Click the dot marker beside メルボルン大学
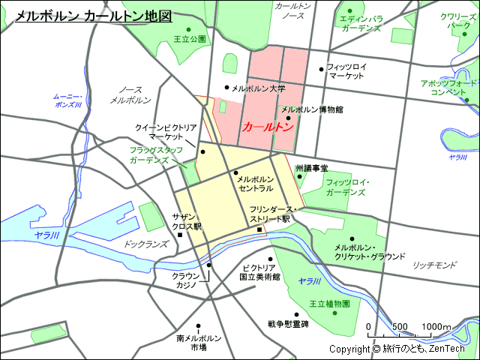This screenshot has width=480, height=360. [226, 88]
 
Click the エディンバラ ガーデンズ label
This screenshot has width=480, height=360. [361, 23]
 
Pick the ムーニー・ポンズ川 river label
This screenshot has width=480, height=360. [67, 100]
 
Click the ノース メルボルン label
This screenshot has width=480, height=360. [130, 94]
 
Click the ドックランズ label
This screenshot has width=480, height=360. [146, 244]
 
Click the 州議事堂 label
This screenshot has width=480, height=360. [311, 169]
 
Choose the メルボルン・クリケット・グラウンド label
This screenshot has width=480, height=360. [370, 251]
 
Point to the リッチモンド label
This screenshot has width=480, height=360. [434, 265]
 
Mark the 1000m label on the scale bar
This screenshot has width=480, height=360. [436, 326]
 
